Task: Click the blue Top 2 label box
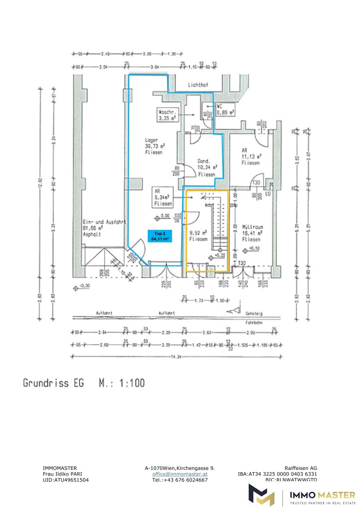click(159, 236)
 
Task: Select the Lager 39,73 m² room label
click(154, 146)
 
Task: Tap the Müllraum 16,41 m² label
click(252, 233)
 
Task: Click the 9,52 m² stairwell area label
click(198, 236)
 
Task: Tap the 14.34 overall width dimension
click(177, 357)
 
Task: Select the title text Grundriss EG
click(53, 382)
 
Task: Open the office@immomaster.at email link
click(180, 474)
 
